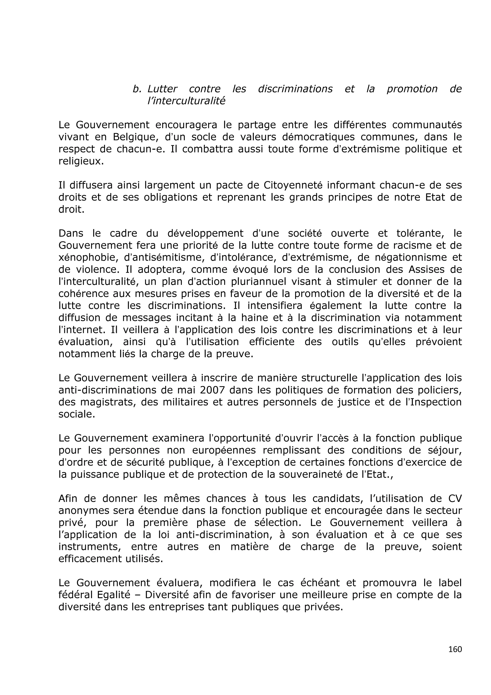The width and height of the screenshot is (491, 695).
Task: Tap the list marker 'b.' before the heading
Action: pos(137,89)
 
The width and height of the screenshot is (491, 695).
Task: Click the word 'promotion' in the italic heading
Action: pos(412,89)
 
